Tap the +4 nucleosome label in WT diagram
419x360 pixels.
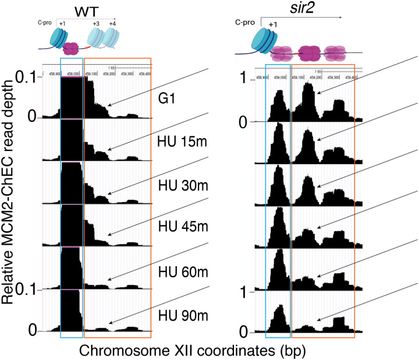click(112, 23)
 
